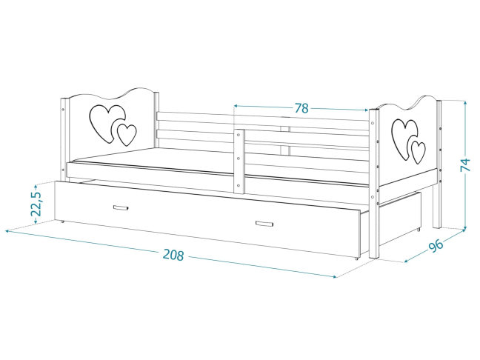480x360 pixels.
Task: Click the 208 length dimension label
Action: point(173,255)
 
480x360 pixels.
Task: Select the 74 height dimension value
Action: point(465,165)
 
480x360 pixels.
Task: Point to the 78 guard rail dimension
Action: point(301,108)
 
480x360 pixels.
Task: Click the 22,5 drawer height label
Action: point(36,204)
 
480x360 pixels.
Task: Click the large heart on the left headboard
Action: point(107,123)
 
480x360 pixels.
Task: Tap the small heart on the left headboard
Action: point(127,135)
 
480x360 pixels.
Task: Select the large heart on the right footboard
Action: point(404,139)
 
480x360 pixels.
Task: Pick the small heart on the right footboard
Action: point(418,153)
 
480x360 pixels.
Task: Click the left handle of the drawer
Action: point(121,208)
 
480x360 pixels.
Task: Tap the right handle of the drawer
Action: point(264,224)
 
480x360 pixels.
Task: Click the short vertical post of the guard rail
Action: point(239,161)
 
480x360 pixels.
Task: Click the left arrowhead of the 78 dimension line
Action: point(236,106)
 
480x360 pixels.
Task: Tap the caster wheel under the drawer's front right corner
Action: point(356,259)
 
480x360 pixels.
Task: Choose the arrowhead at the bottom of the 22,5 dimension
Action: point(36,221)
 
